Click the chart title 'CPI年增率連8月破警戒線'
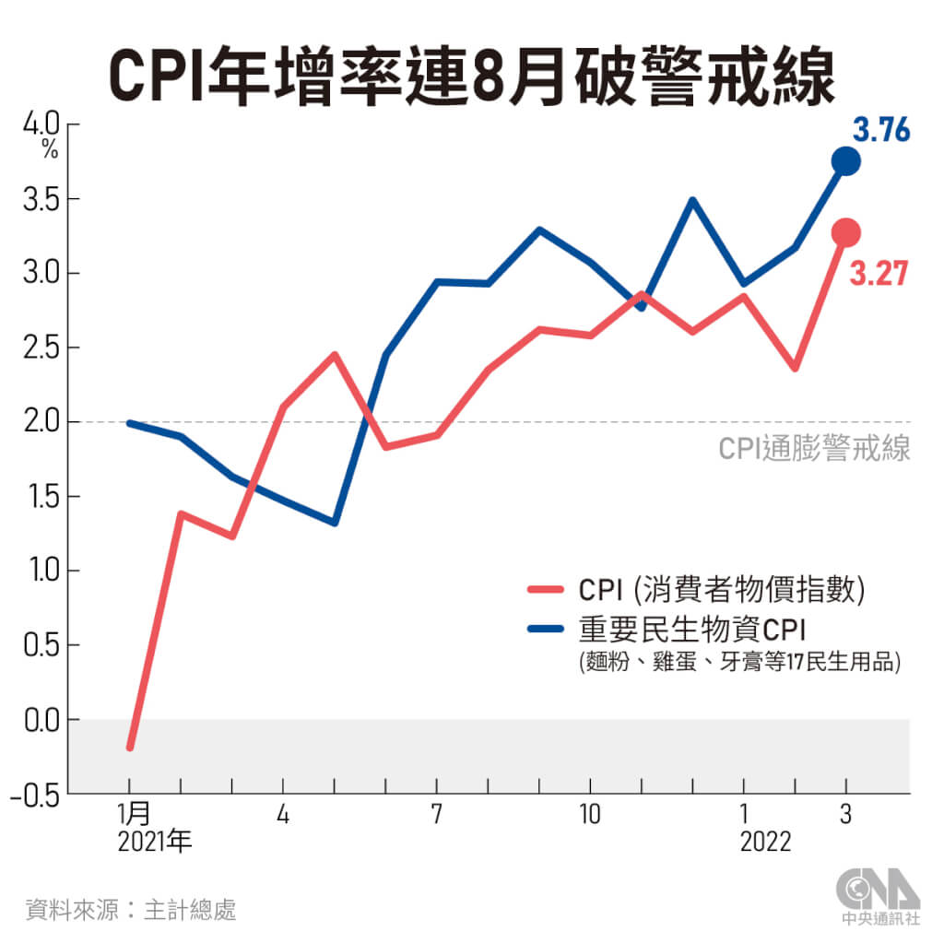(472, 74)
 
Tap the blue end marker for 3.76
(845, 161)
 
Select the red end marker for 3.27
(845, 232)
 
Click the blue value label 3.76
(880, 131)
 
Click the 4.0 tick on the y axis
(37, 124)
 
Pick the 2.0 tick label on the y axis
(37, 422)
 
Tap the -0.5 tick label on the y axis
(33, 793)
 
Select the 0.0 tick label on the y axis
(37, 719)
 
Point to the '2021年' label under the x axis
(155, 843)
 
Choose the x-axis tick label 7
(436, 815)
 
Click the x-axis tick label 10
(589, 815)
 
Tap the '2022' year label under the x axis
(765, 843)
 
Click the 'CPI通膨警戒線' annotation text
(814, 450)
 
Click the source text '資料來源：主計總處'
(131, 910)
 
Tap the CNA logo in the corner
(877, 895)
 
